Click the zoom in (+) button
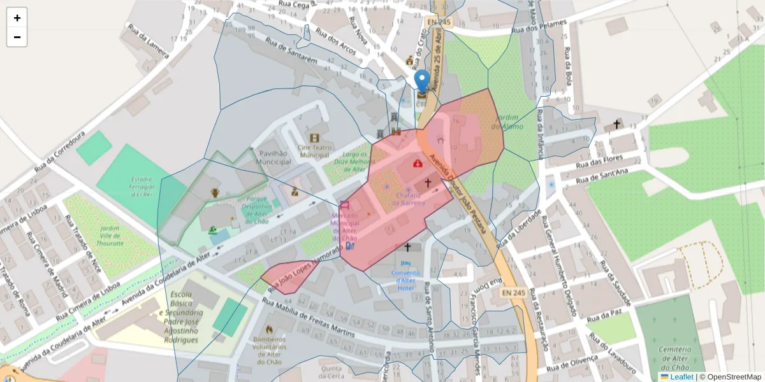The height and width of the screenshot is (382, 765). point(17,18)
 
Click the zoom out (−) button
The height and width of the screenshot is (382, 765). point(17,37)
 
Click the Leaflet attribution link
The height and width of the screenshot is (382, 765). point(681,377)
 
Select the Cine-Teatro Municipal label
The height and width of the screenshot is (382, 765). point(314,151)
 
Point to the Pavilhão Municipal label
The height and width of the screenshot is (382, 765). point(273,157)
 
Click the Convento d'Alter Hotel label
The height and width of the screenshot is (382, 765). point(405,280)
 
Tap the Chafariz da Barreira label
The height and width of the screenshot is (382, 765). point(408,199)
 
